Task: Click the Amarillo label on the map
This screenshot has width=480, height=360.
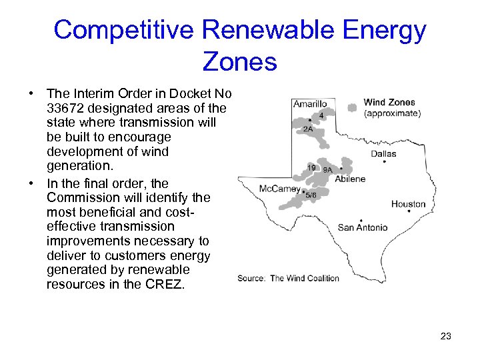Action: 310,103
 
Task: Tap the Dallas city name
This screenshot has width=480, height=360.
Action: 383,154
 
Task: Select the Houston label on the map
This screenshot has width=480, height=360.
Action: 408,204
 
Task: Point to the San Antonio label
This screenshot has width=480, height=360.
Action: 362,227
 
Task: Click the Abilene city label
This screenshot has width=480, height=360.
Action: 350,179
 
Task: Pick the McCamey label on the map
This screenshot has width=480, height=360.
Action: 279,189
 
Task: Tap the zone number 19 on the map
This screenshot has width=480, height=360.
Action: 311,167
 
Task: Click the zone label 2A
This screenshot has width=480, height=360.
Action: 308,129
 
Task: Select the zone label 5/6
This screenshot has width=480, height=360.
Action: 311,195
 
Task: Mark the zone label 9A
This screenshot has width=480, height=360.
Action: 327,170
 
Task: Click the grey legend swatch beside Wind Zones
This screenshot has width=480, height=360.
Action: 352,107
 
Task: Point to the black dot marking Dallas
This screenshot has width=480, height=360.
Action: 385,161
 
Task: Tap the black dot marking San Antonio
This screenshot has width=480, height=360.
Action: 361,220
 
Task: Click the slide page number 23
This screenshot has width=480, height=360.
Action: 446,336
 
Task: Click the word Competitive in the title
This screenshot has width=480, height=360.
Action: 123,30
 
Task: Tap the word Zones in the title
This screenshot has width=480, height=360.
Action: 239,62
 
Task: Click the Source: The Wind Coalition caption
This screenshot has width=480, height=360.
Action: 288,278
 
